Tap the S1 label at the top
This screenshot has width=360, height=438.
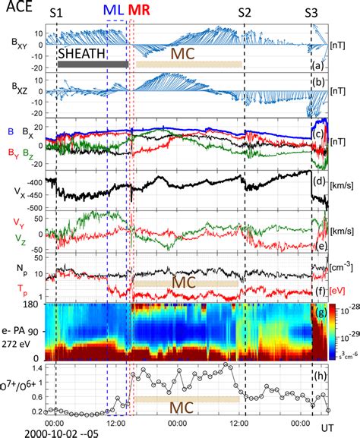[x=57, y=12]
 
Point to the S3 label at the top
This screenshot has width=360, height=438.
[x=312, y=12]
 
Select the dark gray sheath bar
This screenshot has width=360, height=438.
[x=91, y=65]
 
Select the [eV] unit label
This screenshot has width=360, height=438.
[x=341, y=289]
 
